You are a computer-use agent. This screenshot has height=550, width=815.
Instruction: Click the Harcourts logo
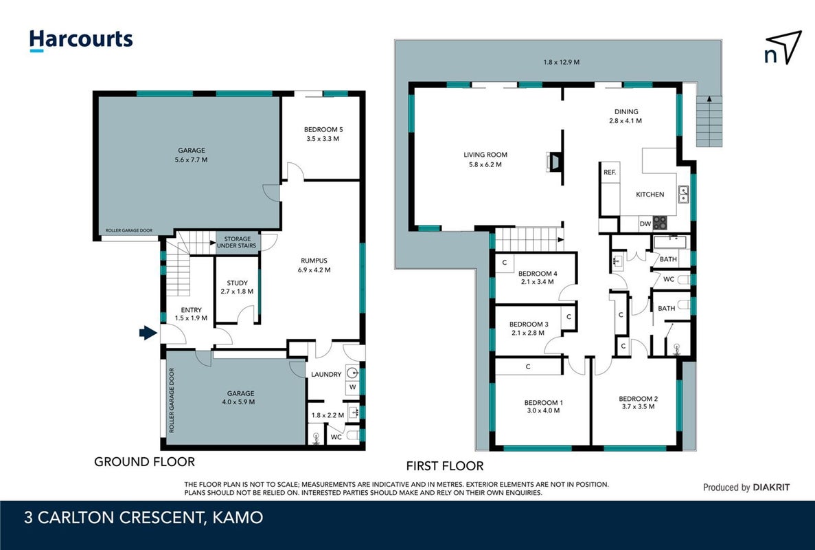81,41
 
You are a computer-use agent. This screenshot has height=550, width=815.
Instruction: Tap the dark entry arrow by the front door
148,333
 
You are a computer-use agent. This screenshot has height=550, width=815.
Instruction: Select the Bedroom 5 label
323,129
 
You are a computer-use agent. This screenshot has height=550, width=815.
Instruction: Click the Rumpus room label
314,261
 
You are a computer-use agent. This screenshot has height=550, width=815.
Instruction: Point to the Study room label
237,283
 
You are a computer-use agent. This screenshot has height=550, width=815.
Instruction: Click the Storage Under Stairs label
237,243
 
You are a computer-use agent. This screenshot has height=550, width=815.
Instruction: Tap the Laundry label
326,374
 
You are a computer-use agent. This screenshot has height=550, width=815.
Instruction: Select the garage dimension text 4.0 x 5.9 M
240,401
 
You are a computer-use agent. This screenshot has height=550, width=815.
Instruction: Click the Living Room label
485,155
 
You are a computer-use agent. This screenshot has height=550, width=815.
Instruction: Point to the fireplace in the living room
555,162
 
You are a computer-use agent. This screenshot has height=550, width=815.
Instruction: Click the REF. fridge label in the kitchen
610,173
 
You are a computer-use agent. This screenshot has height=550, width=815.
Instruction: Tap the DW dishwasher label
645,223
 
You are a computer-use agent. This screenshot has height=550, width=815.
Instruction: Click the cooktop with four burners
660,223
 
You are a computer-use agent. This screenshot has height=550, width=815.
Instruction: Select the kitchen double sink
683,194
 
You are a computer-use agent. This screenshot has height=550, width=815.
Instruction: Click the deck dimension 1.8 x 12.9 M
562,62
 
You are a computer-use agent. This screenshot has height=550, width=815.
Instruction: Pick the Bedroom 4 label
538,274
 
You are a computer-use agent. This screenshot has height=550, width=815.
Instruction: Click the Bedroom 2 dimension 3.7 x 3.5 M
639,406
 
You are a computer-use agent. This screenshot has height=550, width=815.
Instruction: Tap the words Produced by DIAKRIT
746,487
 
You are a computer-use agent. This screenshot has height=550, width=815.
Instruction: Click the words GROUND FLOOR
144,461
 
